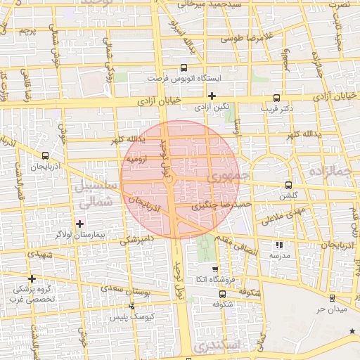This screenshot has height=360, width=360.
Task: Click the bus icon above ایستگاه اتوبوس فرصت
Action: tap(184, 68)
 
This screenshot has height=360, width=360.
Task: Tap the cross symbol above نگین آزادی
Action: tap(212, 96)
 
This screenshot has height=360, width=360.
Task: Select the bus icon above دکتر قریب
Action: tap(276, 98)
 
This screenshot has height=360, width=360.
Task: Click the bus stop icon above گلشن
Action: tap(288, 185)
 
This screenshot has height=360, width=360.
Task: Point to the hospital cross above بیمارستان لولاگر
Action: tap(79, 223)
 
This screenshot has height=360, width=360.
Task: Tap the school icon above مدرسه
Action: tap(279, 245)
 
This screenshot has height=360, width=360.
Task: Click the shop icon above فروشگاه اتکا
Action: tap(214, 269)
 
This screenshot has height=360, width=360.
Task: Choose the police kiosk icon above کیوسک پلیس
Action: tap(132, 306)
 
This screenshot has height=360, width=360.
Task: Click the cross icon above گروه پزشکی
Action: tap(32, 278)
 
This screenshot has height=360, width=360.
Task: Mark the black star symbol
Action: tap(352, 330)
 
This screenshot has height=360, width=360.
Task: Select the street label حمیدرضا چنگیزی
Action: tap(220, 206)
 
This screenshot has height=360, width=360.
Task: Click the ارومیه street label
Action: tap(136, 159)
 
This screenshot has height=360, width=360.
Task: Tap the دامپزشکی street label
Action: tap(134, 239)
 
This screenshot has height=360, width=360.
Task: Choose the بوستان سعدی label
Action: tap(117, 288)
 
